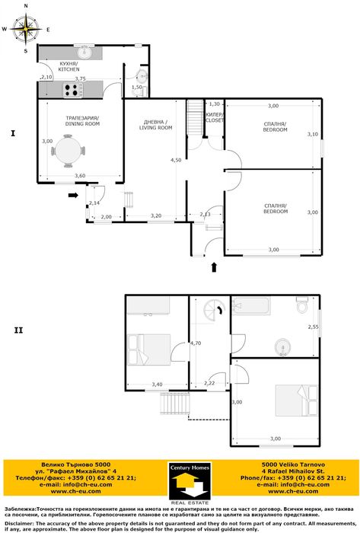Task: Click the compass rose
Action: tap(26, 29)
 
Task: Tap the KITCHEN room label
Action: tap(69, 66)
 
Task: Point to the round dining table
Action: tap(69, 148)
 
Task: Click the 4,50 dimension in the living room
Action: tap(176, 160)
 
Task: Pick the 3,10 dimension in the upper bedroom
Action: tap(312, 134)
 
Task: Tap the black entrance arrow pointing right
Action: tap(72, 196)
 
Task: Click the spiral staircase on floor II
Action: tap(212, 310)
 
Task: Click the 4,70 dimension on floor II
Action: tap(195, 343)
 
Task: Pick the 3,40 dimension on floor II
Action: tap(157, 384)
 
